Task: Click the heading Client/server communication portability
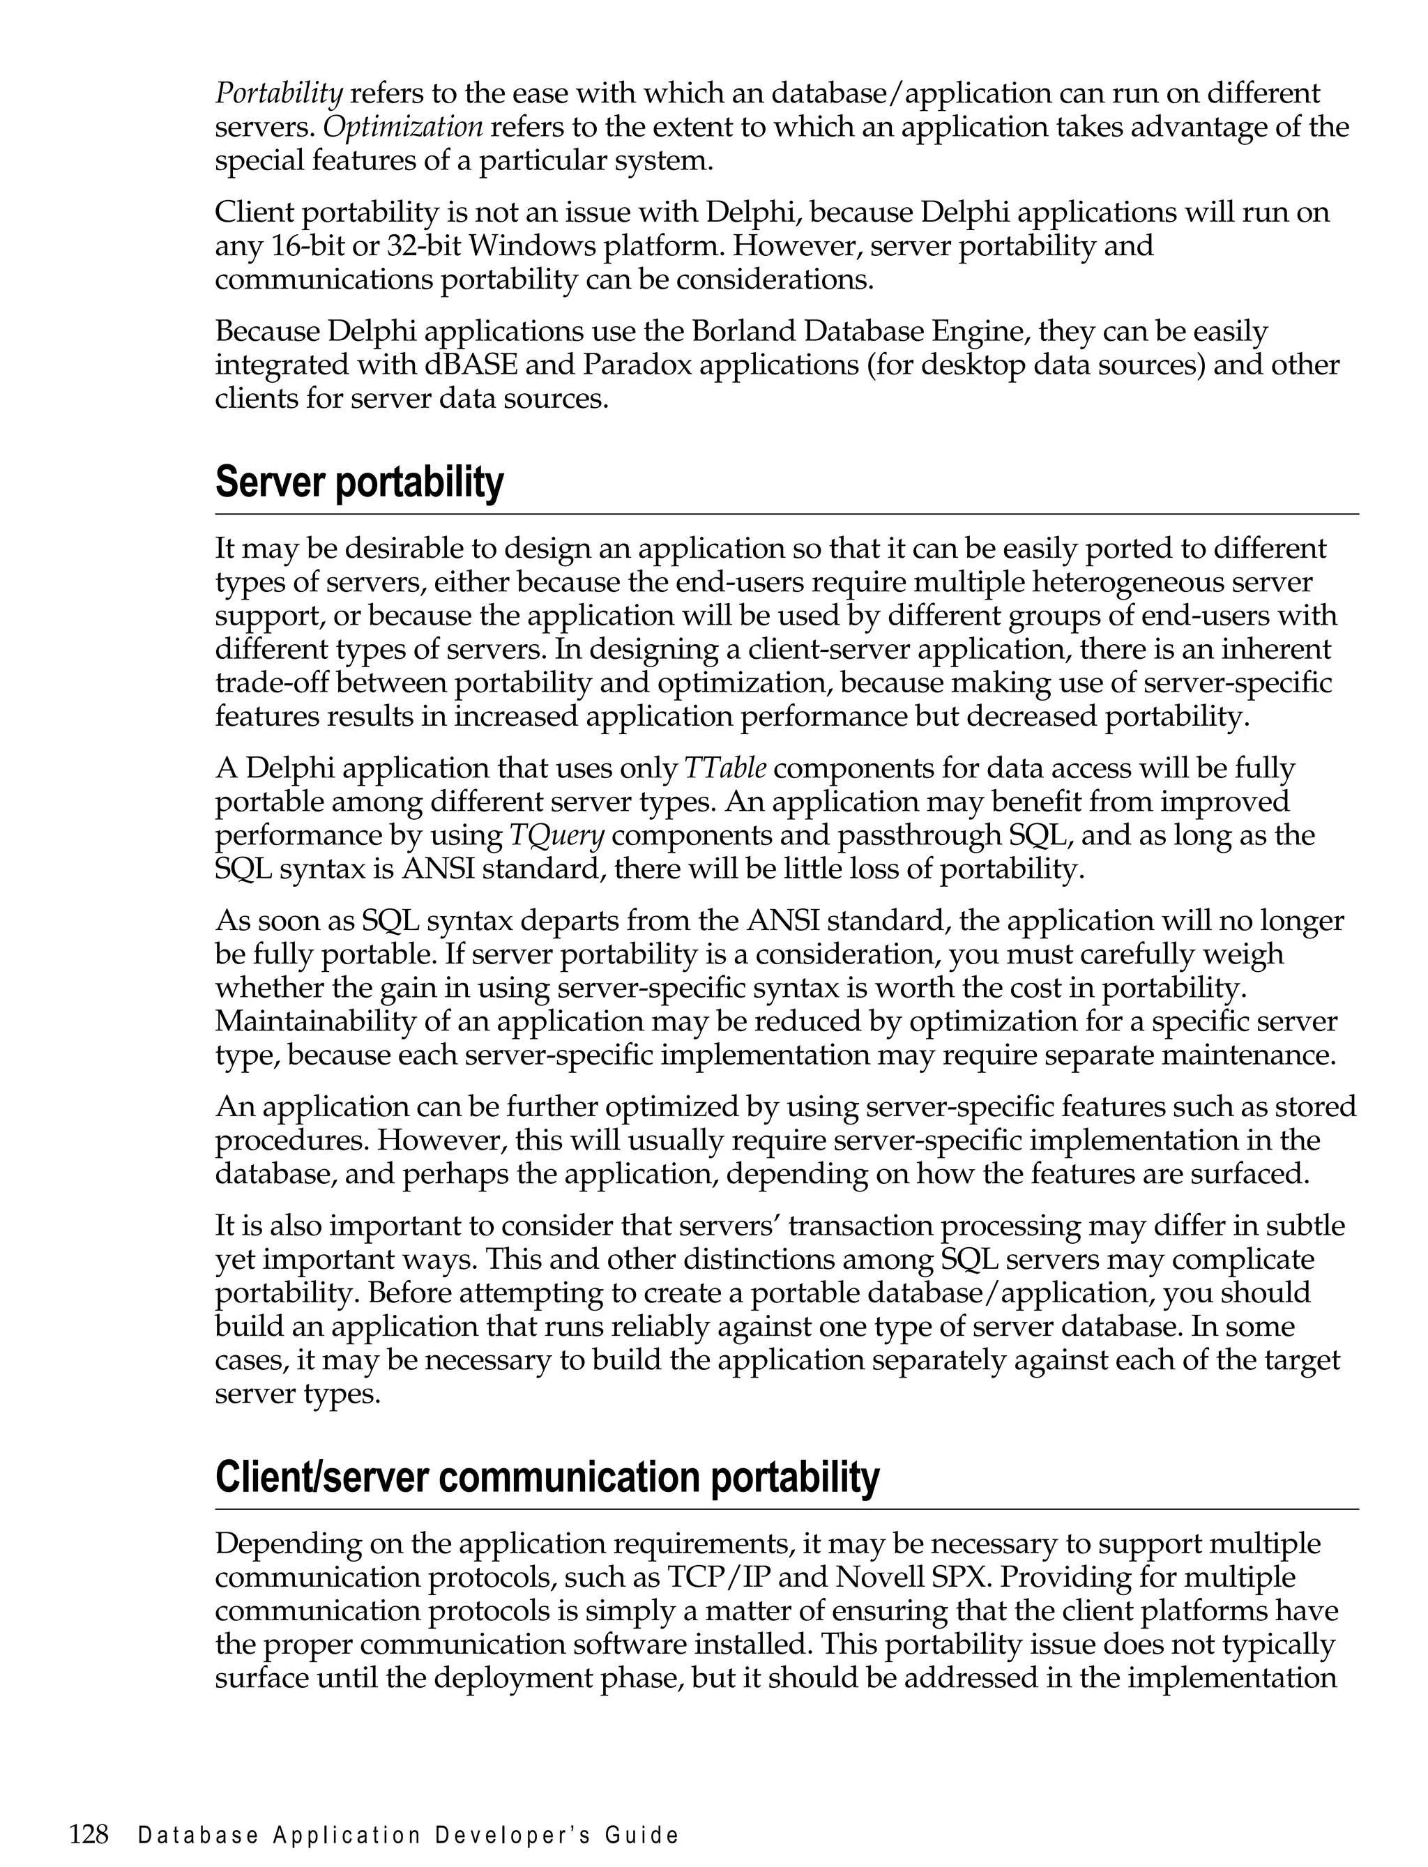pyautogui.click(x=547, y=1478)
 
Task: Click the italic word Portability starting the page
pyautogui.click(x=279, y=93)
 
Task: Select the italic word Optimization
pyautogui.click(x=404, y=127)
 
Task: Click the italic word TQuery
pyautogui.click(x=556, y=835)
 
